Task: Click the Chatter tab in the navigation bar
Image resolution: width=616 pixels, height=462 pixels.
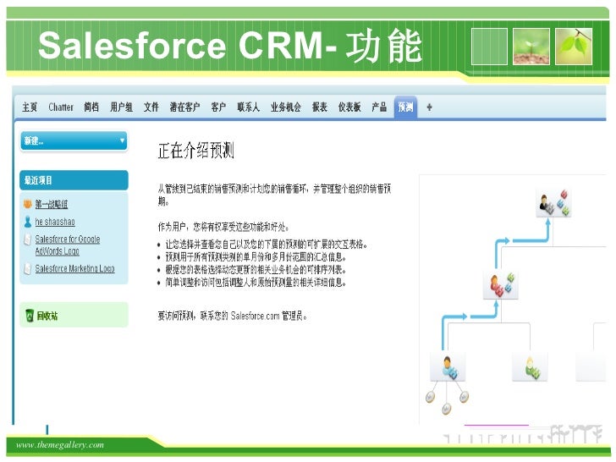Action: [61, 107]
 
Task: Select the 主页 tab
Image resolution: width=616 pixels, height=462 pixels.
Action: [30, 107]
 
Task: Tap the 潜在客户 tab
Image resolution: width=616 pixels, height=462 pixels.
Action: [184, 107]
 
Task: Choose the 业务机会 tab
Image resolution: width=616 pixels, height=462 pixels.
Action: [285, 107]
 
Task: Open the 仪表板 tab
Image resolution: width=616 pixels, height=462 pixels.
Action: [349, 107]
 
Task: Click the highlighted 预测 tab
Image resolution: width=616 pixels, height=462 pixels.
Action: [405, 107]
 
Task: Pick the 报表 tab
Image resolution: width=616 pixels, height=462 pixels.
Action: [319, 107]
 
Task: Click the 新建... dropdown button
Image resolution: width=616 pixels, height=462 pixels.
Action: [74, 140]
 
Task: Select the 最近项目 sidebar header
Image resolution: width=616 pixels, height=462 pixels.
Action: [38, 180]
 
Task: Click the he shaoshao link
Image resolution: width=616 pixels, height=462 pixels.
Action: [54, 221]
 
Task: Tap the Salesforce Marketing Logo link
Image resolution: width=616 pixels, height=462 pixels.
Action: [74, 269]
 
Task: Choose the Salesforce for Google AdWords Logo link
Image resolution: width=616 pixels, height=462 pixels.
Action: [67, 245]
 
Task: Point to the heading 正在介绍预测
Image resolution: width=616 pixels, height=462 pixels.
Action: [195, 151]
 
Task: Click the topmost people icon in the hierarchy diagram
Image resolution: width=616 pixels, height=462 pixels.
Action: [555, 202]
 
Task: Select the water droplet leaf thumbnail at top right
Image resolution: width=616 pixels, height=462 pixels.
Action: [578, 46]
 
